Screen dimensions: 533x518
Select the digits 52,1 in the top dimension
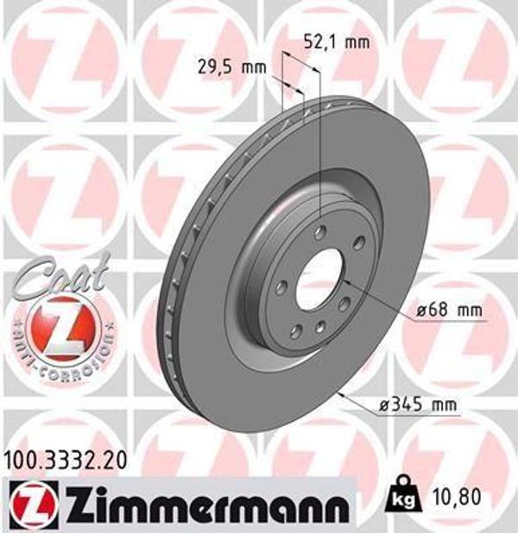pos(320,41)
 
